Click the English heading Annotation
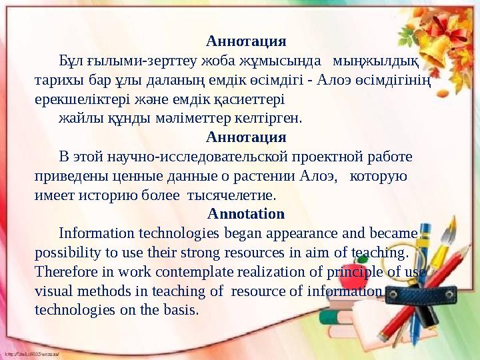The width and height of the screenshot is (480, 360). [246, 215]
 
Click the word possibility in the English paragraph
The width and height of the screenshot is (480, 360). [68, 253]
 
